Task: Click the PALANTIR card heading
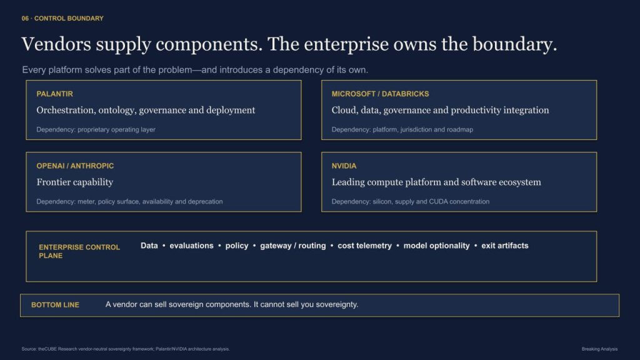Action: point(55,94)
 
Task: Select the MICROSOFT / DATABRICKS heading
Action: point(380,94)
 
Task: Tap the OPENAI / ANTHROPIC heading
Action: point(75,166)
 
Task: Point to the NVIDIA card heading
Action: point(344,166)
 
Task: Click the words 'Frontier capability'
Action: point(75,182)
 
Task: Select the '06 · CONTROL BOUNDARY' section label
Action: point(62,18)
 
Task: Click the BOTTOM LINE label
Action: point(55,305)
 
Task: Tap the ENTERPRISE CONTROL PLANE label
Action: point(79,251)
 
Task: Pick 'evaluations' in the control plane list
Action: point(191,246)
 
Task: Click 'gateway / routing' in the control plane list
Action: point(293,246)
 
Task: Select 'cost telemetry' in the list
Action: point(364,246)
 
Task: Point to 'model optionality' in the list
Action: point(436,246)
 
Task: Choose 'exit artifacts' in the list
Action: point(505,246)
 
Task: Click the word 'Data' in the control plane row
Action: point(149,246)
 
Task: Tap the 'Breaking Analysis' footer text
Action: point(599,349)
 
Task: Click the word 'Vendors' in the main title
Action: point(56,44)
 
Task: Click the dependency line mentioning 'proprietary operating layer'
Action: point(96,129)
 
